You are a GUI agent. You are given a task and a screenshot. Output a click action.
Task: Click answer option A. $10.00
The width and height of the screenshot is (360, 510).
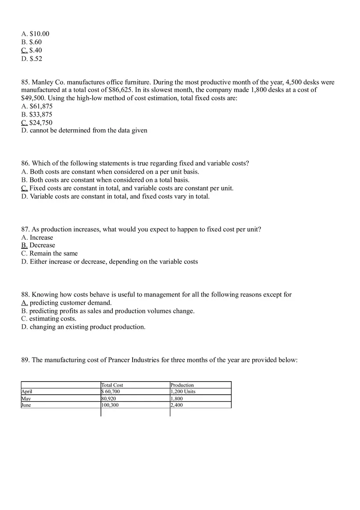click(35, 34)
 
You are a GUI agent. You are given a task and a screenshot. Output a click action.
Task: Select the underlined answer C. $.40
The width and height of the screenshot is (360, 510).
click(32, 50)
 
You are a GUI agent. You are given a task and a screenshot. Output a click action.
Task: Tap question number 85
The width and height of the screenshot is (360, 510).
click(26, 82)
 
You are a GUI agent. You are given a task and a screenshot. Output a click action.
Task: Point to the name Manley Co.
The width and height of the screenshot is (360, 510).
click(47, 82)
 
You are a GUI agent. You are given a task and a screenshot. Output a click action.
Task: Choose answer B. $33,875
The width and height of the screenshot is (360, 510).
click(37, 115)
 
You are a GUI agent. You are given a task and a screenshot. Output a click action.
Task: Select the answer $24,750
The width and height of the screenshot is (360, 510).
click(40, 123)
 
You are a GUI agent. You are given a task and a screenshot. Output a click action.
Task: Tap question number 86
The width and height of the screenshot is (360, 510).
click(26, 164)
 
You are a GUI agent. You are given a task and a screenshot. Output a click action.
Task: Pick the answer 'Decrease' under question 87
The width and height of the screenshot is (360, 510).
click(42, 245)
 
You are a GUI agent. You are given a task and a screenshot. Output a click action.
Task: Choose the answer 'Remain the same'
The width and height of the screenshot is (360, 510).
click(53, 254)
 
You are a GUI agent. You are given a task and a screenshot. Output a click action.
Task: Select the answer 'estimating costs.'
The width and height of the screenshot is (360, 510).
click(52, 319)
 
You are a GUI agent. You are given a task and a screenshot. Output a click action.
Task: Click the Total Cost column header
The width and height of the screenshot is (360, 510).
click(112, 385)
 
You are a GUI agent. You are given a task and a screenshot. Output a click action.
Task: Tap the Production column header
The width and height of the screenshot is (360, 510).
click(182, 385)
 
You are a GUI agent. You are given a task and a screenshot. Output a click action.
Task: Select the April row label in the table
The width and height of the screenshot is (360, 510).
click(27, 392)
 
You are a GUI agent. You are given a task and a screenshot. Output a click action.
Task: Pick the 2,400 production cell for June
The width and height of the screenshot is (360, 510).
click(177, 405)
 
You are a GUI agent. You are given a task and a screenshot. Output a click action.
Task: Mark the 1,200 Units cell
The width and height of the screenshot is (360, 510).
click(183, 392)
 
